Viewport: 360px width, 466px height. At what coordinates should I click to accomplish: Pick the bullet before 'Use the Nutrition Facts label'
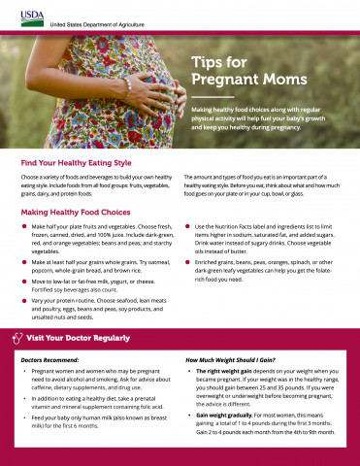click(x=187, y=226)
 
